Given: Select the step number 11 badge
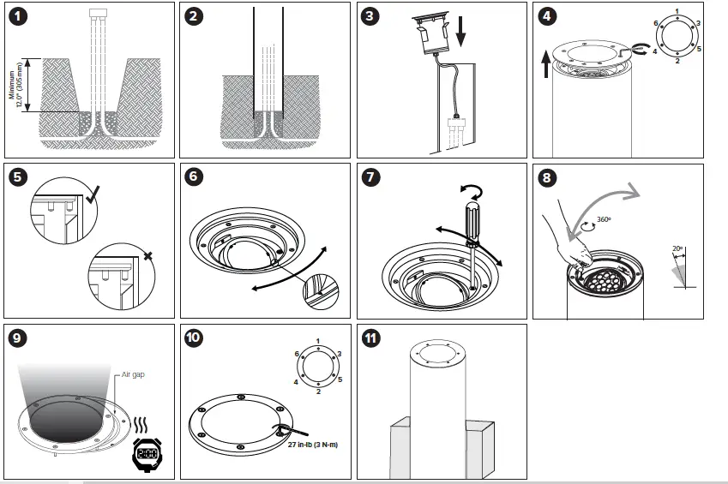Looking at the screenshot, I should tap(370, 338).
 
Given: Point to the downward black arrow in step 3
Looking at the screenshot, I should tap(460, 31).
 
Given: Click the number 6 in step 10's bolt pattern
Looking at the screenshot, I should tap(297, 354).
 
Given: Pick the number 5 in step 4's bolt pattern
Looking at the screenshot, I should tap(698, 49).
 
